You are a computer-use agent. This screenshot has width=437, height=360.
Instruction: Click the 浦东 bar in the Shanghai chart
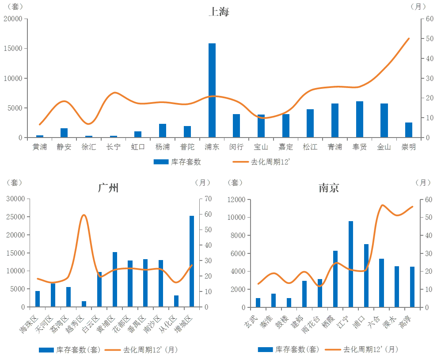click(212, 90)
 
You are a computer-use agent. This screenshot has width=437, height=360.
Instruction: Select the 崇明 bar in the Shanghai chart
click(409, 130)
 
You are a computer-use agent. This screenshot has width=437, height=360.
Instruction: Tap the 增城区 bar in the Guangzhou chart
click(192, 261)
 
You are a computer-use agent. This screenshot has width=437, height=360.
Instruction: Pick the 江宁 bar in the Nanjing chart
click(350, 264)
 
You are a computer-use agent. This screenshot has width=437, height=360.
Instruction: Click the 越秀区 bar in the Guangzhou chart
click(84, 304)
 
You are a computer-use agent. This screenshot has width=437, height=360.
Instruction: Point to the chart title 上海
click(219, 11)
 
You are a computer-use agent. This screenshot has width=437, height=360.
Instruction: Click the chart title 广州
click(108, 188)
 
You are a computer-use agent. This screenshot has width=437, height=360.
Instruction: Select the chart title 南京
click(329, 188)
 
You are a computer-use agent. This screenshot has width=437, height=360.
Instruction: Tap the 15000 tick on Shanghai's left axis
click(13, 49)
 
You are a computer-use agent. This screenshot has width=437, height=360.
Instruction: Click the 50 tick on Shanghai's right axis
click(429, 38)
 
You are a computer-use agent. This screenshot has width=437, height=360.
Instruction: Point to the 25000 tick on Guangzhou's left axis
click(15, 217)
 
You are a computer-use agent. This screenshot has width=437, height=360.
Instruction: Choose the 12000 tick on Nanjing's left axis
click(236, 199)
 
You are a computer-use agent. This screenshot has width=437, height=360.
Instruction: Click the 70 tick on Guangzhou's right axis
click(208, 199)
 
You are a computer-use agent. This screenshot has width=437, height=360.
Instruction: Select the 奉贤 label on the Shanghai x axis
click(360, 147)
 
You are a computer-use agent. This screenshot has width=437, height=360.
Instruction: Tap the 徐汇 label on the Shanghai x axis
click(89, 147)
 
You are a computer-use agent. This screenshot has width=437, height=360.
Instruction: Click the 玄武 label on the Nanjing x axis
click(251, 322)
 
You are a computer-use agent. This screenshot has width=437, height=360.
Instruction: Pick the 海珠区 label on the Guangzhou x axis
click(28, 324)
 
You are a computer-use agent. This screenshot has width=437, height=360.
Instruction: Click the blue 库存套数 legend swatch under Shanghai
click(161, 162)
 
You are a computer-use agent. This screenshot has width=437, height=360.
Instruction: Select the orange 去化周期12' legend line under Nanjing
click(333, 349)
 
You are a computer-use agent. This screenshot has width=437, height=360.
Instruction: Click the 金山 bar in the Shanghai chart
click(384, 120)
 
